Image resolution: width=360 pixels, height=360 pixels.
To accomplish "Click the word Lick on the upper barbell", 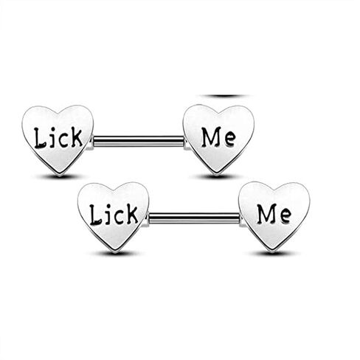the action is tap(58, 138).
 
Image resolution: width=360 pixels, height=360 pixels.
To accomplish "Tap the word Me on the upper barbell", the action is tap(218, 137).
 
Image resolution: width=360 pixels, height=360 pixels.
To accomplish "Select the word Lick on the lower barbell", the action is tap(114, 215).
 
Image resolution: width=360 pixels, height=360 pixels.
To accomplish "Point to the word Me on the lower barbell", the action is tap(274, 214).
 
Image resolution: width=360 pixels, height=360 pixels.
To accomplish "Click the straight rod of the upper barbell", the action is tap(139, 142).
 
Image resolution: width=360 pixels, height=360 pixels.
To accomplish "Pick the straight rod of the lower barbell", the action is tap(194, 218).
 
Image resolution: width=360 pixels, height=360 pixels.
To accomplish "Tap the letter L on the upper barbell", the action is tap(40, 138).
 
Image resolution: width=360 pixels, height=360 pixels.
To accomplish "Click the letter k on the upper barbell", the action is tap(76, 137).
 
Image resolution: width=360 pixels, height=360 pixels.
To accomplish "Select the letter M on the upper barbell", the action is tap(210, 137).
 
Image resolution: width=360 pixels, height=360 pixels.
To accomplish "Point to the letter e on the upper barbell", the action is tap(229, 140).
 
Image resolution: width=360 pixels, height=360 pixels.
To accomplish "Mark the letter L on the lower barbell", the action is tap(95, 215).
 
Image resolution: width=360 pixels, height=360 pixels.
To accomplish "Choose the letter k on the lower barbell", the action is tap(132, 214).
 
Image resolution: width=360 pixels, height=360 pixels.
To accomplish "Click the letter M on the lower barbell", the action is tap(266, 214).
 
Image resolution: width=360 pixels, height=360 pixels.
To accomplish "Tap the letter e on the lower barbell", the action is tap(285, 217).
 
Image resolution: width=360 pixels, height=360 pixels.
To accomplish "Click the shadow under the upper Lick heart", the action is tap(59, 176).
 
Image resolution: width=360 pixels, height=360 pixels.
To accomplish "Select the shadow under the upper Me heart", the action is tap(216, 176).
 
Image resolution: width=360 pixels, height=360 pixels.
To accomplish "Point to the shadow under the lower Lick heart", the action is tap(115, 253).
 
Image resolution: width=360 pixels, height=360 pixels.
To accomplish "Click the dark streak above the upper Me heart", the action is tap(224, 96).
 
